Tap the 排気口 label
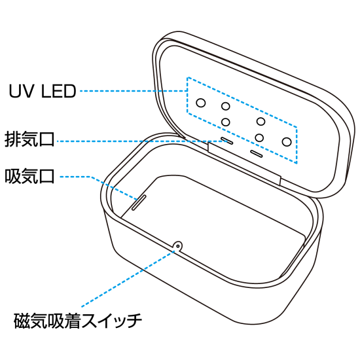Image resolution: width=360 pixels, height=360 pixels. (29, 140)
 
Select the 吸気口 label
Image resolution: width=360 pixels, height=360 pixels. (29, 177)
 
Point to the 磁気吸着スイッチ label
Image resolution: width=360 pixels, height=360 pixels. (78, 321)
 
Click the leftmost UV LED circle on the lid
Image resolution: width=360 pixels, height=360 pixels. (202, 103)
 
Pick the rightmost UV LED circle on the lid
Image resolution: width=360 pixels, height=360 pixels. (287, 141)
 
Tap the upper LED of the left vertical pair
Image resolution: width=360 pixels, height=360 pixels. (225, 106)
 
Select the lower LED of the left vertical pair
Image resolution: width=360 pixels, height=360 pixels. (226, 122)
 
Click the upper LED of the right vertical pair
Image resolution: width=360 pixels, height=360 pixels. (261, 121)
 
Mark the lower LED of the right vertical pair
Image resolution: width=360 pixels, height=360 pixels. (260, 137)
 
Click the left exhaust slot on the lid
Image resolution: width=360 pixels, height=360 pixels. (226, 139)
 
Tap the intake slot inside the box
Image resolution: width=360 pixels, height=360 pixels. (139, 200)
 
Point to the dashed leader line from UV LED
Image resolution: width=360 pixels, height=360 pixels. (131, 91)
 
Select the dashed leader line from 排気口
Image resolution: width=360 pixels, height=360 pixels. (131, 140)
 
